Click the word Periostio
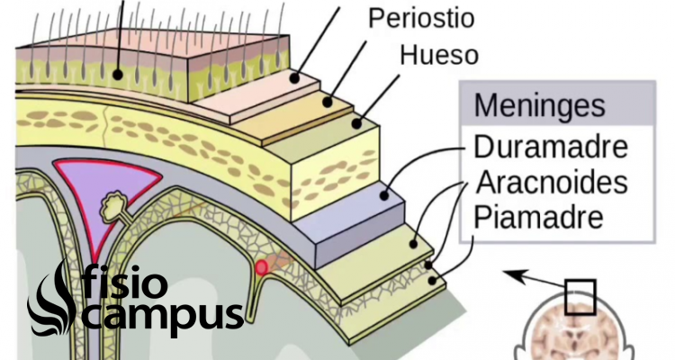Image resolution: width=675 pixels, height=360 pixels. (421, 18)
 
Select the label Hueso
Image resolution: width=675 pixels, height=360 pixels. (439, 55)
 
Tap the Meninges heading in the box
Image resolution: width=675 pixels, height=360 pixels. (539, 105)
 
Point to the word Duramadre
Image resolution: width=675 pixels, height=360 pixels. (551, 147)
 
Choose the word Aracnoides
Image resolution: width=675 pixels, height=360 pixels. (552, 182)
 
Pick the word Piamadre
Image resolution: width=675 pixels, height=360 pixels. (538, 217)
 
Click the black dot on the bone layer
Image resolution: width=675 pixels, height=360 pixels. (356, 123)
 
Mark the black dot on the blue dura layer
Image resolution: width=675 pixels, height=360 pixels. (384, 195)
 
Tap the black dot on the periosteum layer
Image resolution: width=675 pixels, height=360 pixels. (328, 103)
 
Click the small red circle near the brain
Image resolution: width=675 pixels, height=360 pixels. (261, 268)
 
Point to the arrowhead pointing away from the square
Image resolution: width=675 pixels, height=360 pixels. (515, 275)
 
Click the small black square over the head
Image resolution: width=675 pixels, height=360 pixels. (580, 297)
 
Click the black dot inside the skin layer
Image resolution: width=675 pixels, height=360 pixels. (118, 75)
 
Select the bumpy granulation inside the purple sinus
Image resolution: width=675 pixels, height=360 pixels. (113, 206)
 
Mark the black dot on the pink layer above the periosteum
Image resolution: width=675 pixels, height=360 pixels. (294, 78)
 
